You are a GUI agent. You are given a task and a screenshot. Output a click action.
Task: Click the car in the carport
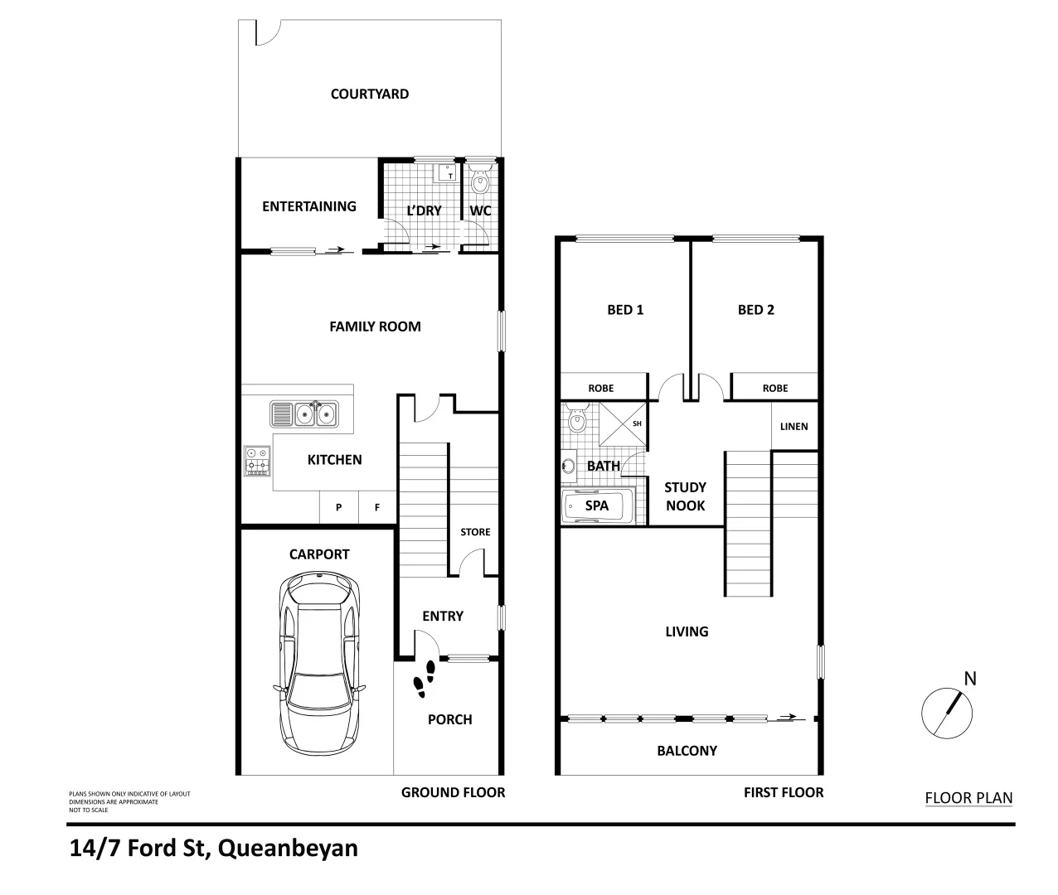tap(319, 663)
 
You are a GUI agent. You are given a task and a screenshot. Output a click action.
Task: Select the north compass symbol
tap(948, 711)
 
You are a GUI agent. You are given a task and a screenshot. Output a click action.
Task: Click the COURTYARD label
tap(369, 94)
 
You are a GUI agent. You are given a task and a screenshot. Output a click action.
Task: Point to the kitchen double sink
tap(304, 413)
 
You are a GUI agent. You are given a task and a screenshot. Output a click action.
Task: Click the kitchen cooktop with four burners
tap(256, 461)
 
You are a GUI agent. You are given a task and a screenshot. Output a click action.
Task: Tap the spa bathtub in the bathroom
tap(597, 506)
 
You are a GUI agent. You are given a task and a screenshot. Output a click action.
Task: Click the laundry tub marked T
tap(447, 172)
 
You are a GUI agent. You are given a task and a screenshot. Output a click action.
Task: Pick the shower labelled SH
tap(628, 423)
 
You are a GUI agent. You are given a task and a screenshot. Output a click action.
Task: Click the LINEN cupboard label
tap(793, 427)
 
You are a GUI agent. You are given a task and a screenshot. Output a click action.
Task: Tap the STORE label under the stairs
tap(475, 532)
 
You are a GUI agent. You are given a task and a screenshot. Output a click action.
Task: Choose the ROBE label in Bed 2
tap(775, 388)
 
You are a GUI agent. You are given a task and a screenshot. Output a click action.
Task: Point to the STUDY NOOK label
tap(685, 496)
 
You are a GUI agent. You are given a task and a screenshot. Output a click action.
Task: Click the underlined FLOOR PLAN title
tap(968, 799)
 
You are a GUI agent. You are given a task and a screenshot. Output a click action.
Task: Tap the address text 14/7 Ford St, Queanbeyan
tap(215, 849)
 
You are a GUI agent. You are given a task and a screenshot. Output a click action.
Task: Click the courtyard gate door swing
tap(266, 33)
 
